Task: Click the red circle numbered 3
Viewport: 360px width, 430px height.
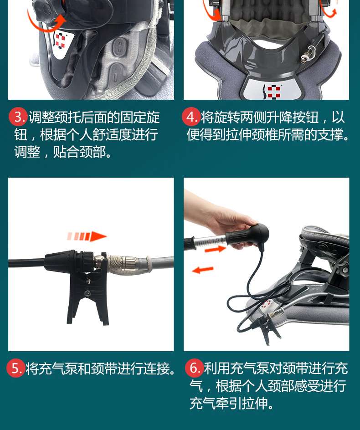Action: (x=18, y=117)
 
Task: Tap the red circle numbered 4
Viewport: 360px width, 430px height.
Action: (x=190, y=117)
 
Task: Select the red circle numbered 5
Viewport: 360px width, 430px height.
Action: (x=15, y=369)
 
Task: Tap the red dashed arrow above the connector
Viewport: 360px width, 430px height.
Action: (x=87, y=236)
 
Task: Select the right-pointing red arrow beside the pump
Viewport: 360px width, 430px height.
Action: (x=216, y=249)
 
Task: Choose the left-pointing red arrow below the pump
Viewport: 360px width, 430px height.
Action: (x=203, y=270)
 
